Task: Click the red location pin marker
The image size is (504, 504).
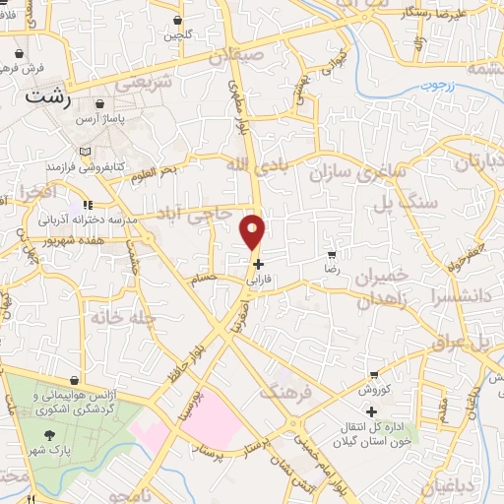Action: pyautogui.click(x=254, y=232)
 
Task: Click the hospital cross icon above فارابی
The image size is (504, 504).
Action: pyautogui.click(x=258, y=264)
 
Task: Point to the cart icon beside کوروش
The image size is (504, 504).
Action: pyautogui.click(x=373, y=375)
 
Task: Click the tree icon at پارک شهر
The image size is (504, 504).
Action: pyautogui.click(x=47, y=433)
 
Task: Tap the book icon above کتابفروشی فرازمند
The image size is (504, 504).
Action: pyautogui.click(x=86, y=150)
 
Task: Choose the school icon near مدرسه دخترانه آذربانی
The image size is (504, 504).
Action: pyautogui.click(x=88, y=205)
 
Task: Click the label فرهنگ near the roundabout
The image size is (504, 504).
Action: pyautogui.click(x=284, y=393)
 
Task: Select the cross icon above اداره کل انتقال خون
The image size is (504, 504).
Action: pyautogui.click(x=371, y=411)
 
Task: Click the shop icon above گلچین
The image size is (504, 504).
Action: pyautogui.click(x=177, y=20)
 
